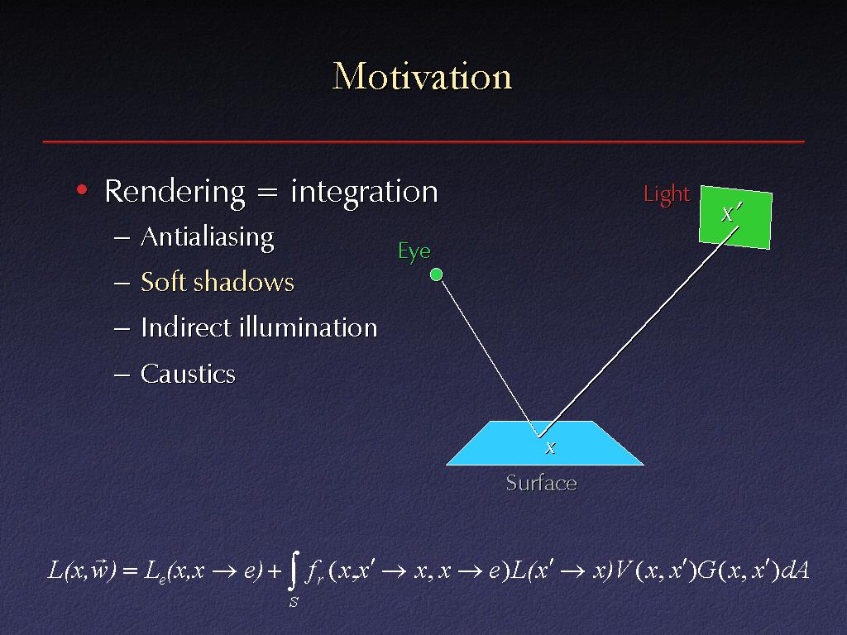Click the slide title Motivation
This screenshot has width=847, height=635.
click(x=422, y=76)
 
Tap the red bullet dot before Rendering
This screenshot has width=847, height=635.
click(x=82, y=189)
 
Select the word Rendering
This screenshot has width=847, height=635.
click(x=175, y=193)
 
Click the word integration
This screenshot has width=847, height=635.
click(x=364, y=193)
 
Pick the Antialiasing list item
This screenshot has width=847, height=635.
click(x=208, y=237)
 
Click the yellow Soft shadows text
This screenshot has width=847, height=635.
click(x=218, y=282)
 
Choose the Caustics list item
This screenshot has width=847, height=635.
click(x=188, y=374)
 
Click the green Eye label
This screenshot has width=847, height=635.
click(x=414, y=251)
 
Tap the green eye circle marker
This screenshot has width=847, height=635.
click(x=436, y=275)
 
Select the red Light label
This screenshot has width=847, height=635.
click(x=667, y=194)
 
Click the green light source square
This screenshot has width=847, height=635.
click(x=735, y=217)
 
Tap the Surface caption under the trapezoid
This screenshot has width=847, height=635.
click(x=541, y=483)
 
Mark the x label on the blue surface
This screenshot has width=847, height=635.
click(x=550, y=447)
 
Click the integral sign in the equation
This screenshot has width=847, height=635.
click(x=293, y=571)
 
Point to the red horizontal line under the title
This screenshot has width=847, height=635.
click(x=423, y=141)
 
